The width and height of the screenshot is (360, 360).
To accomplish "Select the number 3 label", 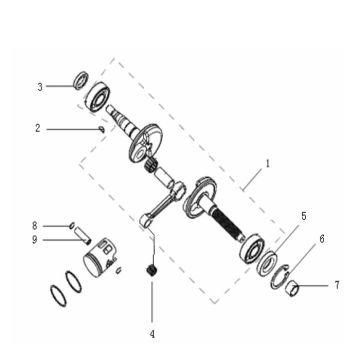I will [41, 87].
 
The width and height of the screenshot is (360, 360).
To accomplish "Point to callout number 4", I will [153, 332].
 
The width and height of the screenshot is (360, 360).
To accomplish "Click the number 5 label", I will [304, 215].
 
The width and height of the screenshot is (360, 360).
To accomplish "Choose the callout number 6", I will [321, 240].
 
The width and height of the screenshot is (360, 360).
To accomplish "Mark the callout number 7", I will [336, 286].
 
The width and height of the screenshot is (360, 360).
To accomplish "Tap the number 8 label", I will [34, 225].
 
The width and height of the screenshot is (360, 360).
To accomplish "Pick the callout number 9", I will [34, 239].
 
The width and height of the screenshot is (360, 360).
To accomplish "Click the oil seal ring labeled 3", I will [78, 79].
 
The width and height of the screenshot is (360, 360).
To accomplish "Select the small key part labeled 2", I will [102, 128].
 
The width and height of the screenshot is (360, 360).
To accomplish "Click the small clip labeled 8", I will [72, 226].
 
